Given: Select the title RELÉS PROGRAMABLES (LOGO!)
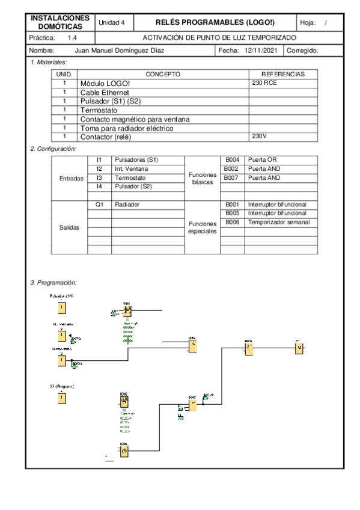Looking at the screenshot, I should (215, 22).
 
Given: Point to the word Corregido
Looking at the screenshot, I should (302, 51).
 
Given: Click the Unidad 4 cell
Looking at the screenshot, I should (111, 22).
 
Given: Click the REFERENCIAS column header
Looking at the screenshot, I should (282, 74).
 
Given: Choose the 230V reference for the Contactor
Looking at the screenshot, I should (259, 137).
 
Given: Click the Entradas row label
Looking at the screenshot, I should (72, 179).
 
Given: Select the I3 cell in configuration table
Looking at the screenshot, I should (99, 178).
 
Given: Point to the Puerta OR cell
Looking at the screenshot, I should (265, 159).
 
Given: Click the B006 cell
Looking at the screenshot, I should (232, 222).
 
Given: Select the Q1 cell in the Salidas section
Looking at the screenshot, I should (99, 204).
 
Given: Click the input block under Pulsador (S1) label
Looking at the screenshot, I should (61, 308).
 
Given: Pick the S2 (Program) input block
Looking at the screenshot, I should (61, 398).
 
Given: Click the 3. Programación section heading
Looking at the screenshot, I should (53, 282).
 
